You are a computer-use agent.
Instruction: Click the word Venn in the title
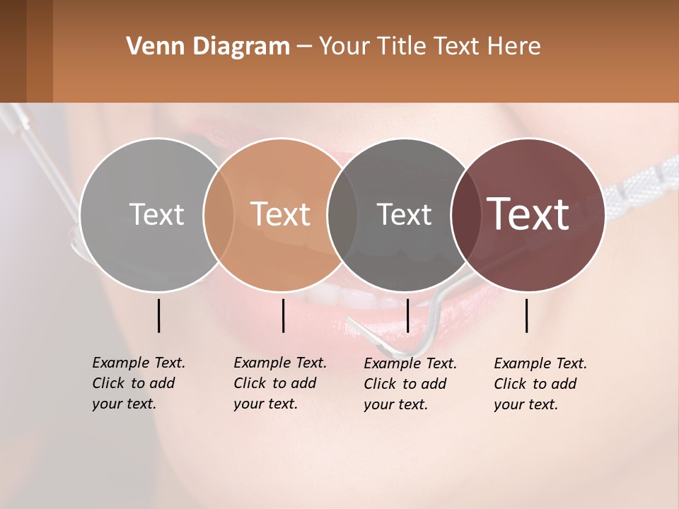pos(148,47)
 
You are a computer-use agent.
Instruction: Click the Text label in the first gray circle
pos(156,214)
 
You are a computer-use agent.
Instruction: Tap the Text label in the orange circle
pos(280,214)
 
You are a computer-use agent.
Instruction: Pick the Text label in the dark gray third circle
pos(404,214)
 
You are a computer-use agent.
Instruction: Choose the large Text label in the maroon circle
pos(528,214)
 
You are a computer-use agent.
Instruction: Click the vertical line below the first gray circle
pos(158,315)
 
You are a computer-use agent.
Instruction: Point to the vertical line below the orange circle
pos(283,315)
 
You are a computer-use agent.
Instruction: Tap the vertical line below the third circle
pos(407,315)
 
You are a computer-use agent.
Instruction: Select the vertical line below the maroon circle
pos(527,315)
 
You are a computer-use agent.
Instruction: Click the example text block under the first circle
pos(139,383)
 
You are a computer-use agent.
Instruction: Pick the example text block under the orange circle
pos(280,383)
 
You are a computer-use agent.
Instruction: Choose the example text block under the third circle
pos(410,384)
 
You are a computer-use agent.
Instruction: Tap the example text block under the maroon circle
pos(540,384)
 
